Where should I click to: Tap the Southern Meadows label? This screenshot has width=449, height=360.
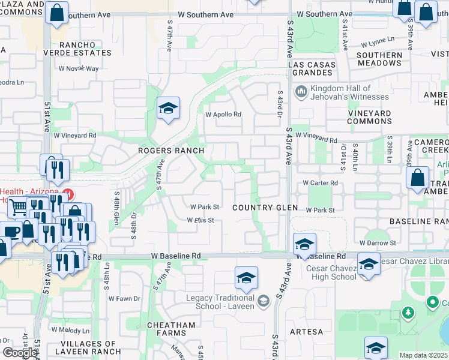pyautogui.click(x=379, y=59)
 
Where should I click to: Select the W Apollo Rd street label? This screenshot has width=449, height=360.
pyautogui.click(x=223, y=114)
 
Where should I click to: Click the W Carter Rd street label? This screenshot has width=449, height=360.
pyautogui.click(x=320, y=183)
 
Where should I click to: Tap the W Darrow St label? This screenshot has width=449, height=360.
pyautogui.click(x=378, y=243)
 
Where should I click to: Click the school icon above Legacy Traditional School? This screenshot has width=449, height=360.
pyautogui.click(x=246, y=278)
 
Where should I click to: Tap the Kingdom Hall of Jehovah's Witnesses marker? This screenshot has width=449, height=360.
pyautogui.click(x=301, y=92)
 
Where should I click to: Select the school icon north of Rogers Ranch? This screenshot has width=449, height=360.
pyautogui.click(x=169, y=109)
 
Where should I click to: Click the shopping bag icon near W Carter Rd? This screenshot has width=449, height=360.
pyautogui.click(x=417, y=178)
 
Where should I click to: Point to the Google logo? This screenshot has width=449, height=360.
pyautogui.click(x=20, y=353)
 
